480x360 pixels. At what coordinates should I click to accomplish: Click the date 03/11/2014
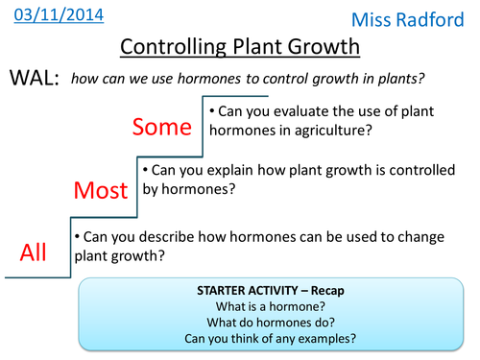pos(55,15)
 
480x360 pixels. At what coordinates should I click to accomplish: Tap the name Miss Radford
pos(419,20)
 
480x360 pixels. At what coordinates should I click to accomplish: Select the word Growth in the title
pos(322,48)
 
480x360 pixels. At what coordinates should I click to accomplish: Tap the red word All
pos(35,252)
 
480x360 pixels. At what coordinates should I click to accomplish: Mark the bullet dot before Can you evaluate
pos(212,111)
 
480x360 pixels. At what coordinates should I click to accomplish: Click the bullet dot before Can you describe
pos(76,236)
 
